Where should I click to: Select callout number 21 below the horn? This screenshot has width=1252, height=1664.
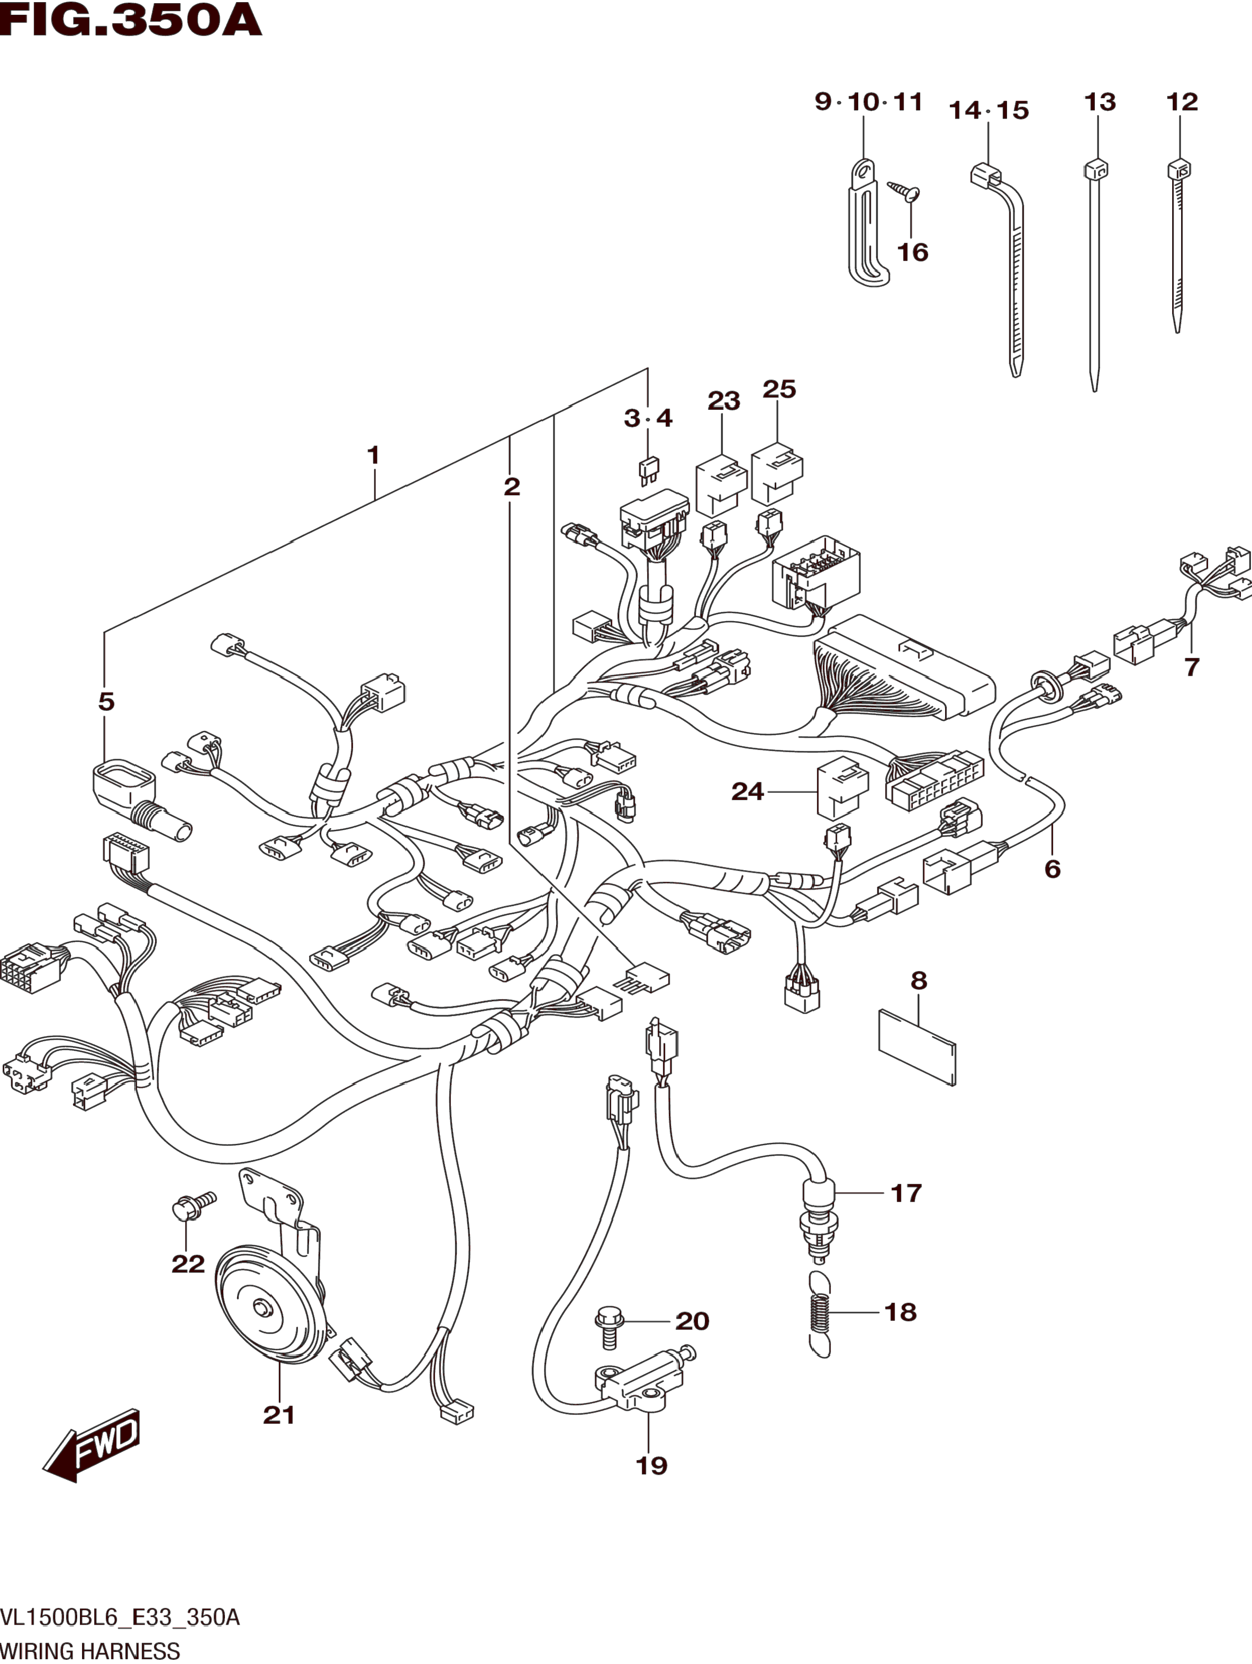point(279,1415)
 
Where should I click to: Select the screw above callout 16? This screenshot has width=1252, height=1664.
point(904,192)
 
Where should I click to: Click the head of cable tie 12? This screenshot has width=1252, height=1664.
point(1179,169)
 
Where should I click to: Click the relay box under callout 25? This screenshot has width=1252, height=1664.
point(776,474)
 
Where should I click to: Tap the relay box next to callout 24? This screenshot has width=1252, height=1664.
point(841,791)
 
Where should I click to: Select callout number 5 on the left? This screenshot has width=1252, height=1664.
point(106,701)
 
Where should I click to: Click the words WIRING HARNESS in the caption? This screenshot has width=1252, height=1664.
point(90,1652)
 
